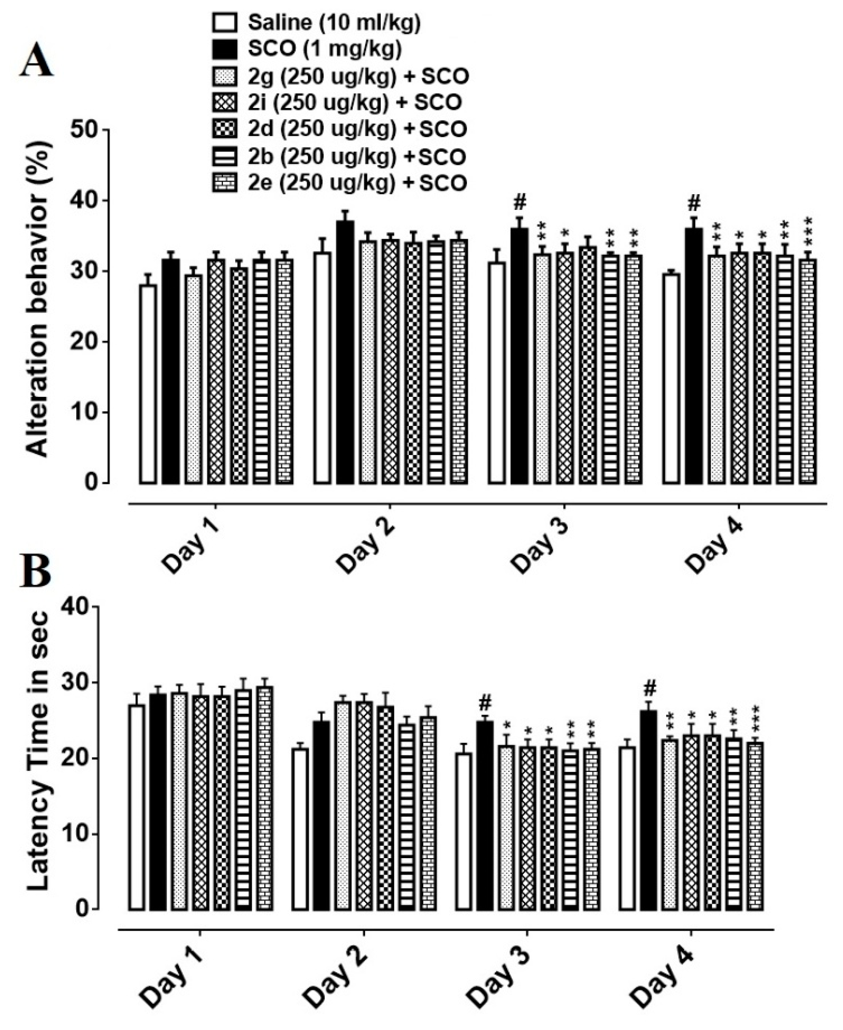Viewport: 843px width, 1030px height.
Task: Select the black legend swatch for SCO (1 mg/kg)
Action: (x=225, y=49)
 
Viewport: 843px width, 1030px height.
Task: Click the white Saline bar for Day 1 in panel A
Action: (x=148, y=384)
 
